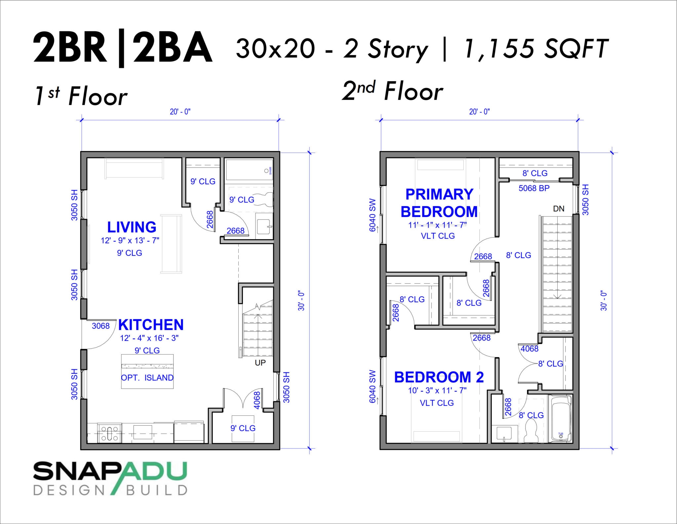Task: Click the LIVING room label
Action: pyautogui.click(x=132, y=227)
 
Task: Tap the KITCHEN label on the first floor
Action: pyautogui.click(x=151, y=325)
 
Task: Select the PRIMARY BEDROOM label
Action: pyautogui.click(x=439, y=203)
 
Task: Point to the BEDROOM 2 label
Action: pyautogui.click(x=439, y=377)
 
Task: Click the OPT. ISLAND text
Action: pyautogui.click(x=147, y=378)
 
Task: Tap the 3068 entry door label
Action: pyautogui.click(x=100, y=326)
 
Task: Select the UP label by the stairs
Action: pyautogui.click(x=260, y=363)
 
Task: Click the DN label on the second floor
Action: pyautogui.click(x=559, y=209)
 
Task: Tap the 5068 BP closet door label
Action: pyautogui.click(x=534, y=188)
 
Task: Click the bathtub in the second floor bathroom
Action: pyautogui.click(x=560, y=418)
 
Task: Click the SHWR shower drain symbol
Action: pyautogui.click(x=266, y=171)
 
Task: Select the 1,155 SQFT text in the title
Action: pyautogui.click(x=536, y=49)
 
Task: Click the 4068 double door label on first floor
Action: pyautogui.click(x=257, y=400)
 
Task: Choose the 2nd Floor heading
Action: pyautogui.click(x=392, y=91)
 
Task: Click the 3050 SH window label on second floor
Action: pyautogui.click(x=585, y=200)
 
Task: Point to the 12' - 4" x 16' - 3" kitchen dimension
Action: pyautogui.click(x=149, y=338)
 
